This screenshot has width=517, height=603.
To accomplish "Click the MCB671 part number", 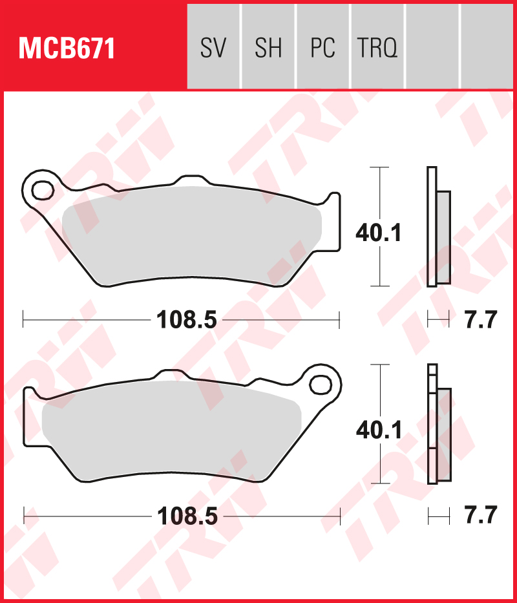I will [67, 48].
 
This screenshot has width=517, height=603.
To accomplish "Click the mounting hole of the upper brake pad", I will [43, 190].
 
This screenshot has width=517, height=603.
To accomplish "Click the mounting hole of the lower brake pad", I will [320, 384].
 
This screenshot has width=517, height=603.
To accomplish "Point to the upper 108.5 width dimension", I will [186, 319].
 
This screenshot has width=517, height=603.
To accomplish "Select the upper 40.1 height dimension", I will [379, 233].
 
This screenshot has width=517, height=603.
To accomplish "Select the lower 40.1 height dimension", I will [379, 429].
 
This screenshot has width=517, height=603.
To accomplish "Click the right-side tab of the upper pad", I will [332, 220].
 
